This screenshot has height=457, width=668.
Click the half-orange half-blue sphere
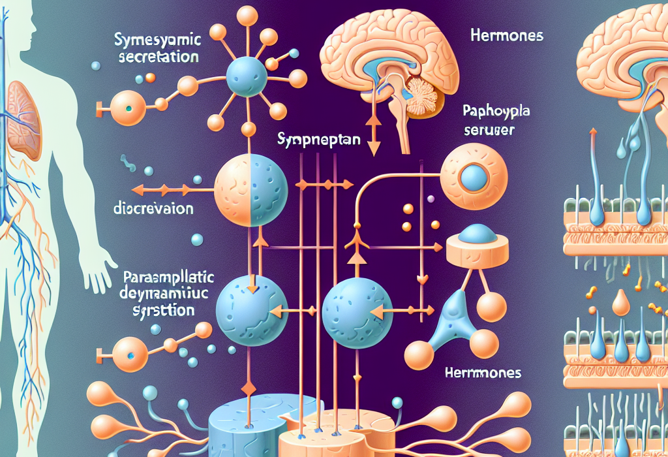coord(251,189)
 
